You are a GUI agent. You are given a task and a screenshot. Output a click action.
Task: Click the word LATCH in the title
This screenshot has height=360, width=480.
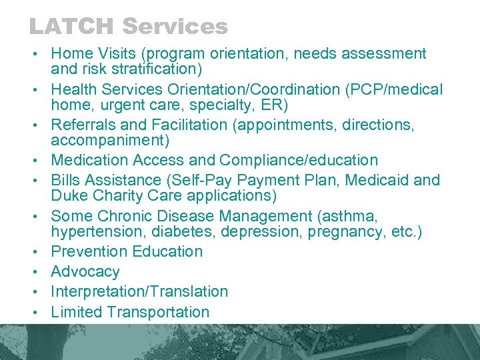(72, 27)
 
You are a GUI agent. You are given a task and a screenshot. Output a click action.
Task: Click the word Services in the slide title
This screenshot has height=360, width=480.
(175, 27)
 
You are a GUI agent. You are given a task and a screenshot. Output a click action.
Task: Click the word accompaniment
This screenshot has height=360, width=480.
(110, 141)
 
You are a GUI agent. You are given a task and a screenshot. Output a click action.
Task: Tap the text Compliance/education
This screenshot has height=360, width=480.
(299, 161)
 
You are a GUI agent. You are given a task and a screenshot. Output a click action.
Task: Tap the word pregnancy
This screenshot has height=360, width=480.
(380, 232)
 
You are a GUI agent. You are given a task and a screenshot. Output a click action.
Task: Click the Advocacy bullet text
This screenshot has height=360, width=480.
(85, 272)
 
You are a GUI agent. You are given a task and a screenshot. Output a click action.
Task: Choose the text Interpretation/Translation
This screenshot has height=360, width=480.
(139, 292)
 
